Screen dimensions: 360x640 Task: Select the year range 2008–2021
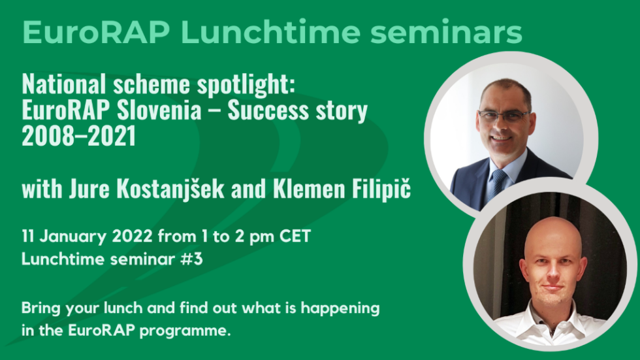78,138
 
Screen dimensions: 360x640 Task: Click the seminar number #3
193,259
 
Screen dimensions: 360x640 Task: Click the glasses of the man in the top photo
503,116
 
